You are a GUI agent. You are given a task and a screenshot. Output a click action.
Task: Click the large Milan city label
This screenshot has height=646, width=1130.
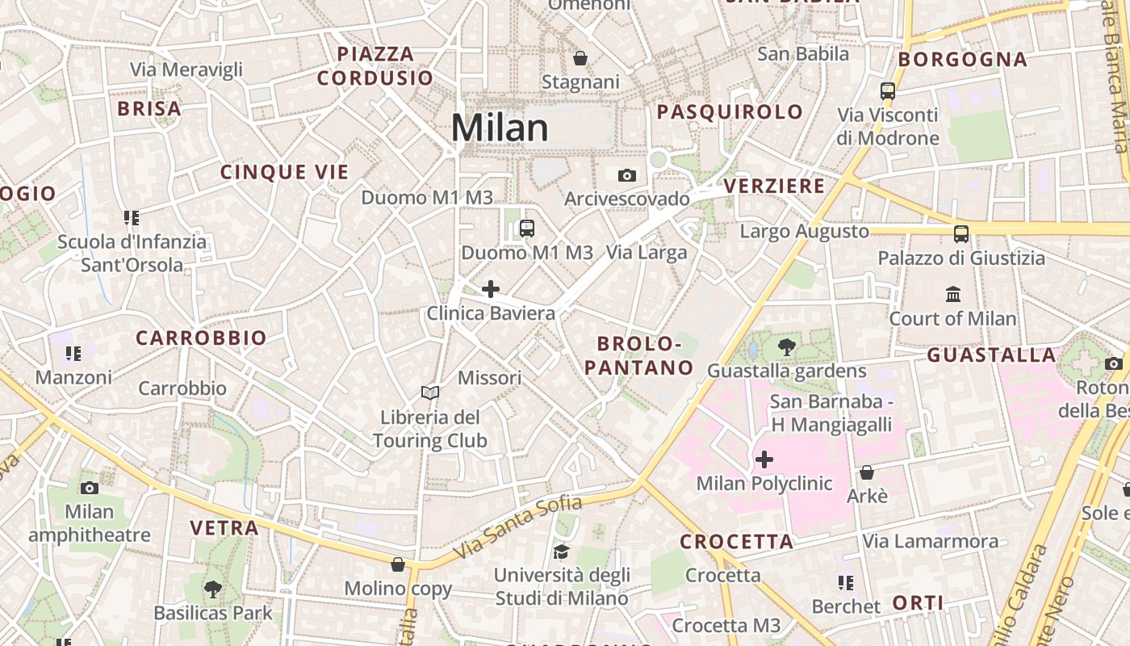[x=500, y=128]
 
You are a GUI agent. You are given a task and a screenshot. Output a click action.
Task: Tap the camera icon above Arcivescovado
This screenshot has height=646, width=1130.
[x=626, y=175]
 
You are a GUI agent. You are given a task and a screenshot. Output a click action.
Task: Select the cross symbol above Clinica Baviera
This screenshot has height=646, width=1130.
[x=490, y=289]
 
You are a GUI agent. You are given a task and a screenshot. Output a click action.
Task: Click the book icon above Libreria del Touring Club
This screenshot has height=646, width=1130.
[x=430, y=392]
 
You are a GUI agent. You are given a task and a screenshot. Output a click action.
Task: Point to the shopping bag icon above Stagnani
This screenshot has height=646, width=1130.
[x=580, y=58]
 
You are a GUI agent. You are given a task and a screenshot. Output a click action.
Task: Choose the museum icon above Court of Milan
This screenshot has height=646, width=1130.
[x=952, y=294]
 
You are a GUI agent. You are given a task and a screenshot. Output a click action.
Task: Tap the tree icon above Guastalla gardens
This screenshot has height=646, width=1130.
[x=786, y=347]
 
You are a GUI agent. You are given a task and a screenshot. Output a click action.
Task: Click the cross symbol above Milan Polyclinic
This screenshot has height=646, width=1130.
[x=764, y=460]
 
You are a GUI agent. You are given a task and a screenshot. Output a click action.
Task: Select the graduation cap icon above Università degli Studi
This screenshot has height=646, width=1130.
[x=561, y=552]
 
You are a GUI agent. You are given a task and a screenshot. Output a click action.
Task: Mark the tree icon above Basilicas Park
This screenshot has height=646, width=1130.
[x=213, y=589]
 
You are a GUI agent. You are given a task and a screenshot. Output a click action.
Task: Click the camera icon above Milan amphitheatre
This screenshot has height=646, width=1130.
[x=90, y=488]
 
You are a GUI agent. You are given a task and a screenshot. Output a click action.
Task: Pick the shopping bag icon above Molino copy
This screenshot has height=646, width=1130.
[x=397, y=564]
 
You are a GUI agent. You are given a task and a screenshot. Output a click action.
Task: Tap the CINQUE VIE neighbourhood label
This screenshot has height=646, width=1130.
[x=284, y=172]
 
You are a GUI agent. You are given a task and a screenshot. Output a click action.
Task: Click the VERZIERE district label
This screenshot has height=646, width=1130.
[x=774, y=187]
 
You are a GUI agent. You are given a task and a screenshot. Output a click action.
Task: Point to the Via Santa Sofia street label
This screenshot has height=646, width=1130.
[x=517, y=528]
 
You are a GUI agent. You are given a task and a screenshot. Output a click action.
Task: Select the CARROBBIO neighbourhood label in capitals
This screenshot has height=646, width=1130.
[x=201, y=338]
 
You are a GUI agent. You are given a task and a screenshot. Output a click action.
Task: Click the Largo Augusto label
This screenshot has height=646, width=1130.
[x=804, y=232]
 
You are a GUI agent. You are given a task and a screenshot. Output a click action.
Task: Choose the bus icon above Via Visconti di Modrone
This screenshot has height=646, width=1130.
[x=888, y=91]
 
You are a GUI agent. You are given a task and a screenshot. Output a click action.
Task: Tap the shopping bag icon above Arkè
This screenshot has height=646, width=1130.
[x=867, y=472]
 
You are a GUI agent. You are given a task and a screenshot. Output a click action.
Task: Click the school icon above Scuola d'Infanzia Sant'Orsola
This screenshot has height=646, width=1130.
[x=132, y=217]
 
